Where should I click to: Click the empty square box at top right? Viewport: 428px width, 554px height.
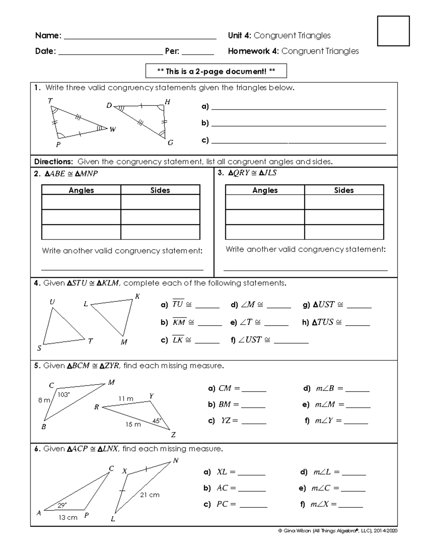(393, 31)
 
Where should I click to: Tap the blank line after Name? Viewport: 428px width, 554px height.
(139, 36)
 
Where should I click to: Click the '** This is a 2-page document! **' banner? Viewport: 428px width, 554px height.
(216, 71)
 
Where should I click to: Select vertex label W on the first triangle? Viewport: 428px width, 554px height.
(113, 129)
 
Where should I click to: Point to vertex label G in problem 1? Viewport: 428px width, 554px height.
(170, 143)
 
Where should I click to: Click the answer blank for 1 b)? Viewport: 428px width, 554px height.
(299, 123)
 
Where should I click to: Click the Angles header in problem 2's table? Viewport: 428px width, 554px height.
(81, 190)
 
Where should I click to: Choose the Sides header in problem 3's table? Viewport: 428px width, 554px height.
(344, 190)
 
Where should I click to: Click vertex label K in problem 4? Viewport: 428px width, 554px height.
(137, 296)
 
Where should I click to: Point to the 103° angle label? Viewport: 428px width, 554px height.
(63, 395)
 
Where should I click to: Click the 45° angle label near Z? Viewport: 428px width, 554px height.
(157, 421)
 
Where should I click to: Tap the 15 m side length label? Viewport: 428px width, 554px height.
(133, 425)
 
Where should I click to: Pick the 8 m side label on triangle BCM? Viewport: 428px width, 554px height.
(44, 400)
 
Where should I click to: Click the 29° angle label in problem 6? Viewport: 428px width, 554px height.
(62, 505)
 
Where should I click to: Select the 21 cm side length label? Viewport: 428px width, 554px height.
(149, 495)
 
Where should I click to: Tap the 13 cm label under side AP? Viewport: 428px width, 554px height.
(68, 518)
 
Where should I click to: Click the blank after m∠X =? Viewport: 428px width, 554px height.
(350, 504)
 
